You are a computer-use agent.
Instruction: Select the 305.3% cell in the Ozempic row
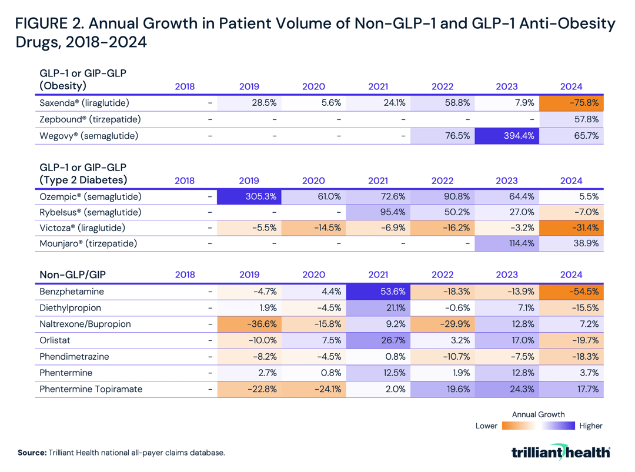[x=249, y=197]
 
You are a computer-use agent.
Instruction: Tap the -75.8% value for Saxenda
[x=571, y=103]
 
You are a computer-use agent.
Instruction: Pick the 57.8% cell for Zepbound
[x=571, y=119]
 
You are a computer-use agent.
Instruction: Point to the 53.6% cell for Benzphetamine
[x=378, y=292]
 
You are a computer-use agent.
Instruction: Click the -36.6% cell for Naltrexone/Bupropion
[x=249, y=324]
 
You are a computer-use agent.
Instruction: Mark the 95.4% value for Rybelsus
[x=378, y=212]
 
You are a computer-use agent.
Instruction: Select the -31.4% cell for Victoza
[x=571, y=227]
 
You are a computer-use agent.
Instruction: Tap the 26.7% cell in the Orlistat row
[x=378, y=340]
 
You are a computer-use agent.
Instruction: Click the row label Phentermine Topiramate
[x=91, y=389]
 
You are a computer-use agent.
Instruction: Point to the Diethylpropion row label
[x=70, y=307]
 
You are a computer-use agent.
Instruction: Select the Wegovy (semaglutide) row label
[x=89, y=136]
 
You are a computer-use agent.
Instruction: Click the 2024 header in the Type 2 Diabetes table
[x=571, y=181]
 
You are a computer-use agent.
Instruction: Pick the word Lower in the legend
[x=486, y=426]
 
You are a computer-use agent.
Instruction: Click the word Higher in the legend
[x=590, y=426]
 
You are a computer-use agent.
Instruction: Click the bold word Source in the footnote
[x=32, y=453]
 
